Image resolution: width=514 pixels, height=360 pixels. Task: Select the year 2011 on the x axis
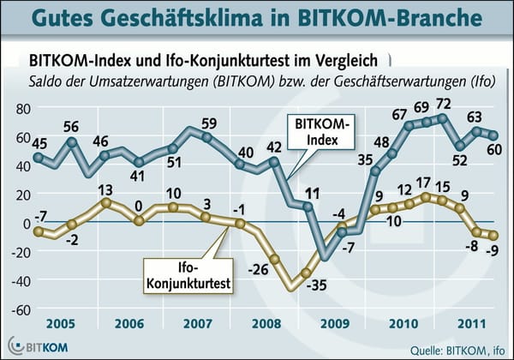coord(466,327)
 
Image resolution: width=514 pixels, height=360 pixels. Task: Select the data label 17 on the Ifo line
coord(422,183)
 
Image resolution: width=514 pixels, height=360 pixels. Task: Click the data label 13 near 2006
coord(105,189)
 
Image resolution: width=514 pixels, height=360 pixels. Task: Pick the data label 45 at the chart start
coord(39,143)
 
